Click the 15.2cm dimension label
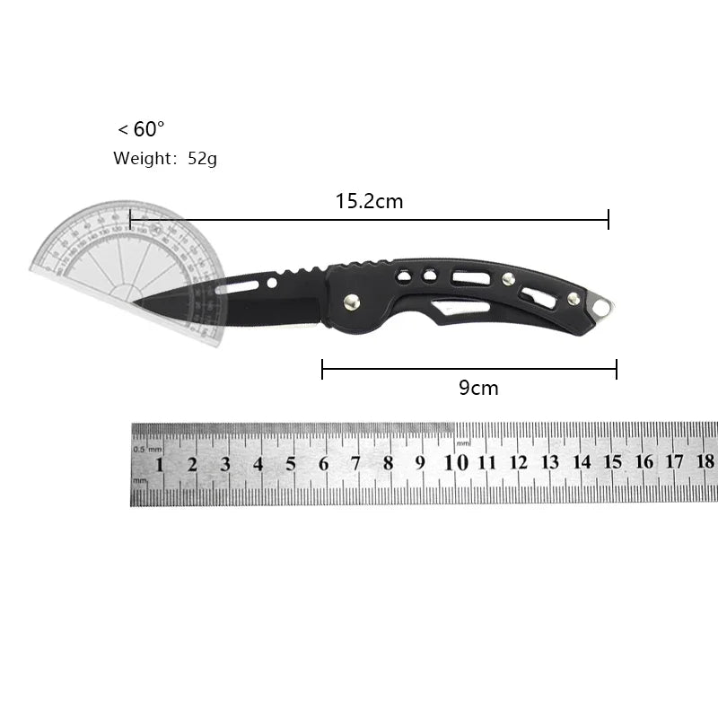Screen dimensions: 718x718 (370, 201)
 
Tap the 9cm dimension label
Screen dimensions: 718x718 (478, 388)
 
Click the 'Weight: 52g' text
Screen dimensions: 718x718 (165, 159)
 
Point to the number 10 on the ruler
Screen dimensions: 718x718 (456, 463)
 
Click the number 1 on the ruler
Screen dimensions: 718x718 (160, 464)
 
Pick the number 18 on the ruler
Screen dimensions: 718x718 (705, 461)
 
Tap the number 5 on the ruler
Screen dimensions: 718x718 (291, 464)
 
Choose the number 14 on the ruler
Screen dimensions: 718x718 (582, 462)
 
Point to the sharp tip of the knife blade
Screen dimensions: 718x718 (136, 303)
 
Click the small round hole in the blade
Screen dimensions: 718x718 (272, 284)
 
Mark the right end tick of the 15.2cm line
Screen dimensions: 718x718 (609, 219)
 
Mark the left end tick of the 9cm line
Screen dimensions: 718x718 (322, 368)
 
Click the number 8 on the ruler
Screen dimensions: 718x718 (389, 463)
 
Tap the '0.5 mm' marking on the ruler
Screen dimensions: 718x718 (147, 448)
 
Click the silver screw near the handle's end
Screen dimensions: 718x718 (572, 298)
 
